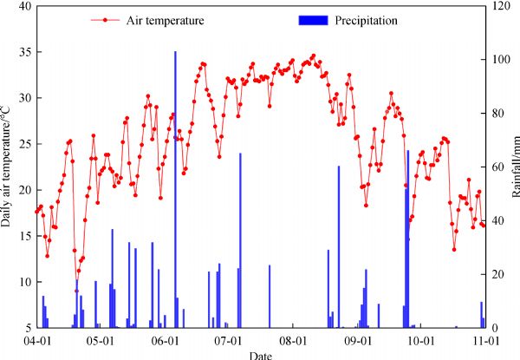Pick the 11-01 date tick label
coord(484,342)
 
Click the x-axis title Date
coord(259,355)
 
